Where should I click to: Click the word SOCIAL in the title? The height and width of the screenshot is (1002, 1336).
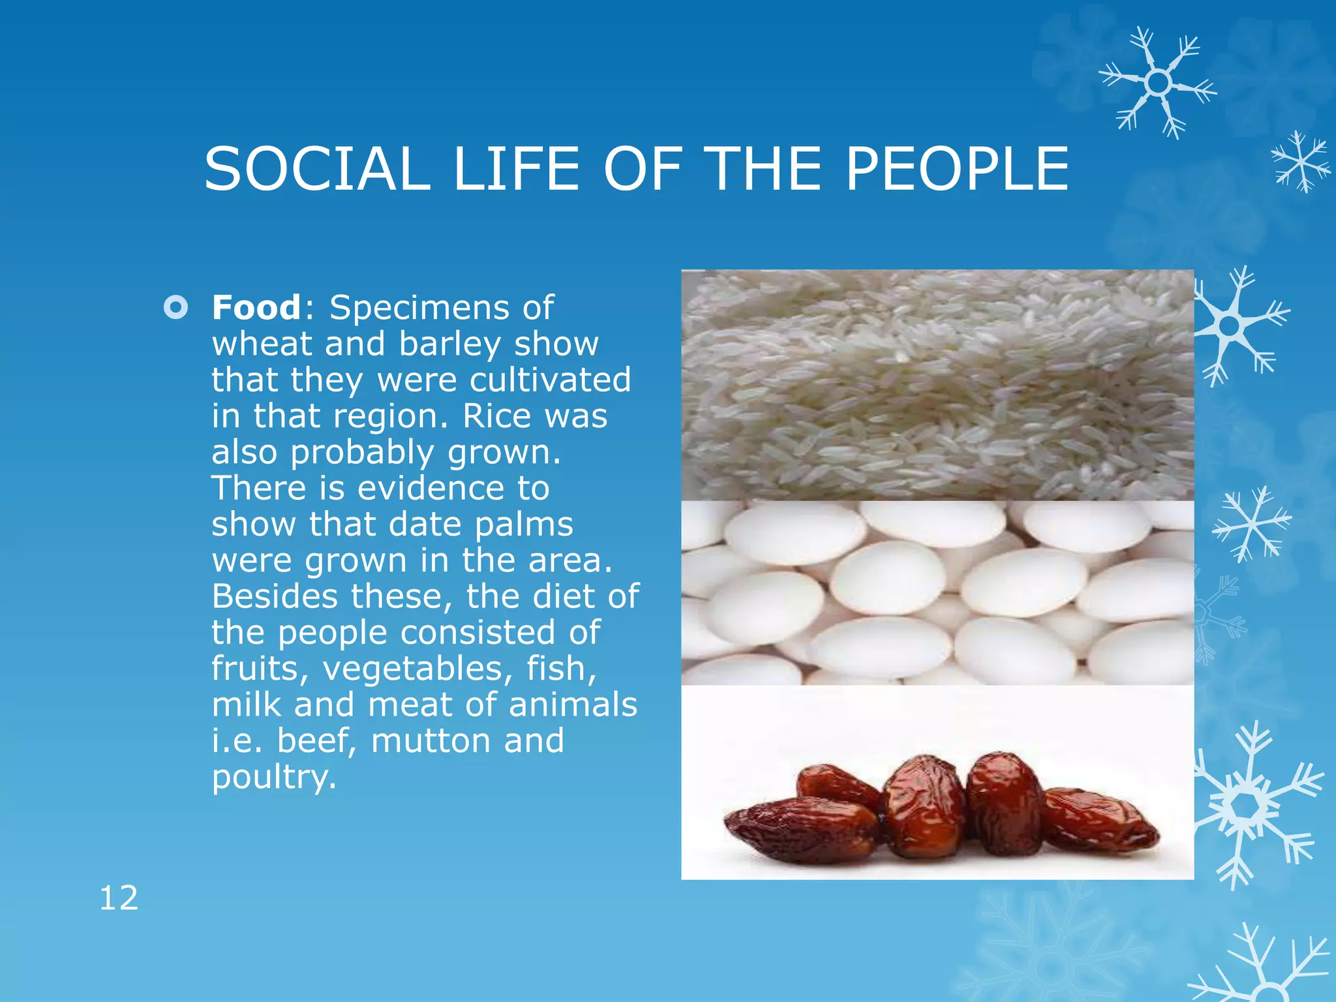coord(317,169)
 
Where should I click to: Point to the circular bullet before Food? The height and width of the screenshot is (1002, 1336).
coord(175,307)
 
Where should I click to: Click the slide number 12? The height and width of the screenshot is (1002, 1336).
coord(119,898)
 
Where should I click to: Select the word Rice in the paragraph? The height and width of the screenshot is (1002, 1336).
coord(494,416)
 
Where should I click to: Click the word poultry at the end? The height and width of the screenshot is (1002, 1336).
coord(274,778)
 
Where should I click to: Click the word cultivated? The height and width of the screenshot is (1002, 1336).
coord(550,380)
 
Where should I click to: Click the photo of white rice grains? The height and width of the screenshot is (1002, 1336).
coord(937,385)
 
